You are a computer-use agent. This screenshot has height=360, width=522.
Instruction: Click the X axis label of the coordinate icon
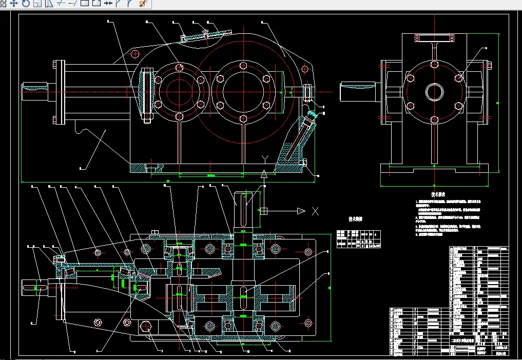point(316,211)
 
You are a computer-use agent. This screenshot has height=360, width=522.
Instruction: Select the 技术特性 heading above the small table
point(356,218)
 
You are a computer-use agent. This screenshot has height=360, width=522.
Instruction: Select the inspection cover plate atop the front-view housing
point(206,35)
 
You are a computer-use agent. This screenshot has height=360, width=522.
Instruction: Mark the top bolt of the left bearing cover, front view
point(179,67)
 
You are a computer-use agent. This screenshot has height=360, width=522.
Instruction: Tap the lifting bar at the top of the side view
point(434,38)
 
